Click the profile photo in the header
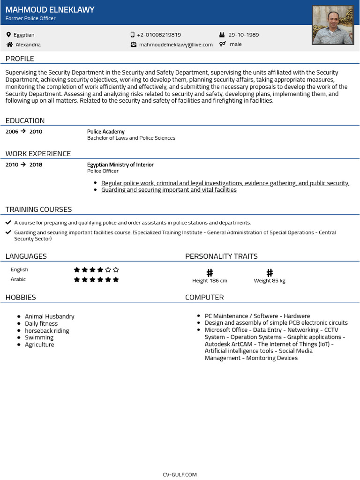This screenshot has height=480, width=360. pos(333,25)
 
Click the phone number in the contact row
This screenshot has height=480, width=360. pos(159,35)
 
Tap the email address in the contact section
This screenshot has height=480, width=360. pos(176,45)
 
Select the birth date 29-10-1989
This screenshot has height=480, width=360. pos(243,35)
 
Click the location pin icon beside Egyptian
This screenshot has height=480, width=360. pos(8,35)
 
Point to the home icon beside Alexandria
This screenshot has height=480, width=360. pos(9,45)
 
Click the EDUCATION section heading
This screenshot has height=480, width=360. pos(25,120)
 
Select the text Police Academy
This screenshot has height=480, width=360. pos(106,132)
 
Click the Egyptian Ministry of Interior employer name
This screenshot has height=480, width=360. pos(120,165)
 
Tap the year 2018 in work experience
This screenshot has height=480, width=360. pos(36,165)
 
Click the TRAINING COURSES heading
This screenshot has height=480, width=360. pos(38,209)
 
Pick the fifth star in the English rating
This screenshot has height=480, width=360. pos(108,270)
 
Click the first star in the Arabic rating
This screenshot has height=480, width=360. pos(77,279)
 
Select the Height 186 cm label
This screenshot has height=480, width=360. pos(210,281)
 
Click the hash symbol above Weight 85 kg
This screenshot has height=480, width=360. pos(270,272)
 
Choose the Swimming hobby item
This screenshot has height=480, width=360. pos(39,337)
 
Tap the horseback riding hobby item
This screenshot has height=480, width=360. pos(47,330)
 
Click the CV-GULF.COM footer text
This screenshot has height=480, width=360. pos(180,474)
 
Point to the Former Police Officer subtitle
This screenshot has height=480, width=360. pos(30,18)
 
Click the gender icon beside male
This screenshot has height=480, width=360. pos(223,44)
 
